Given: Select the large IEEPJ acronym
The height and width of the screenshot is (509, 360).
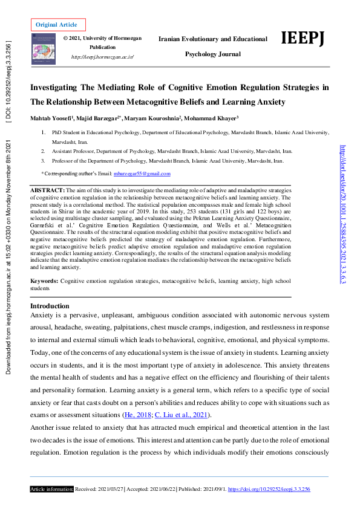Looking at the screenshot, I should coord(303,39).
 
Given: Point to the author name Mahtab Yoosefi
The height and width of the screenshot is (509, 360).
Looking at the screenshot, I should coord(51,117).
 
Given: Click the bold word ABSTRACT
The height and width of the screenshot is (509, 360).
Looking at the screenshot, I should coord(47,190).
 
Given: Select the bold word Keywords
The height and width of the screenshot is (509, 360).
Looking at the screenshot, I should coord(44,281).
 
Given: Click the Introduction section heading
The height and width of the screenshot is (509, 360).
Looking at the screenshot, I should coord(50,306).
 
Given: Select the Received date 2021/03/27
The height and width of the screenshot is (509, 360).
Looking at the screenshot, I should coord(111,488).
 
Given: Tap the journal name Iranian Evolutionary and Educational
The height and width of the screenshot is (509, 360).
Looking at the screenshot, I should coord(212,39).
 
